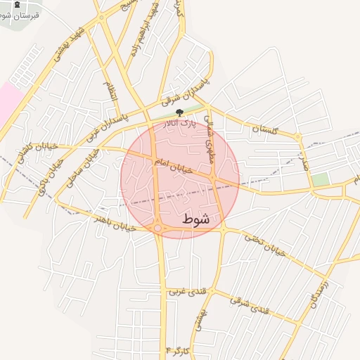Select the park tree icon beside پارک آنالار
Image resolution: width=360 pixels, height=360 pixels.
point(179,112)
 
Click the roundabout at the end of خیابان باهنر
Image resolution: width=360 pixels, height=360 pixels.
point(157,228)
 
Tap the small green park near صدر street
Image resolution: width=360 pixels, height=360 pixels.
point(320,179)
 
